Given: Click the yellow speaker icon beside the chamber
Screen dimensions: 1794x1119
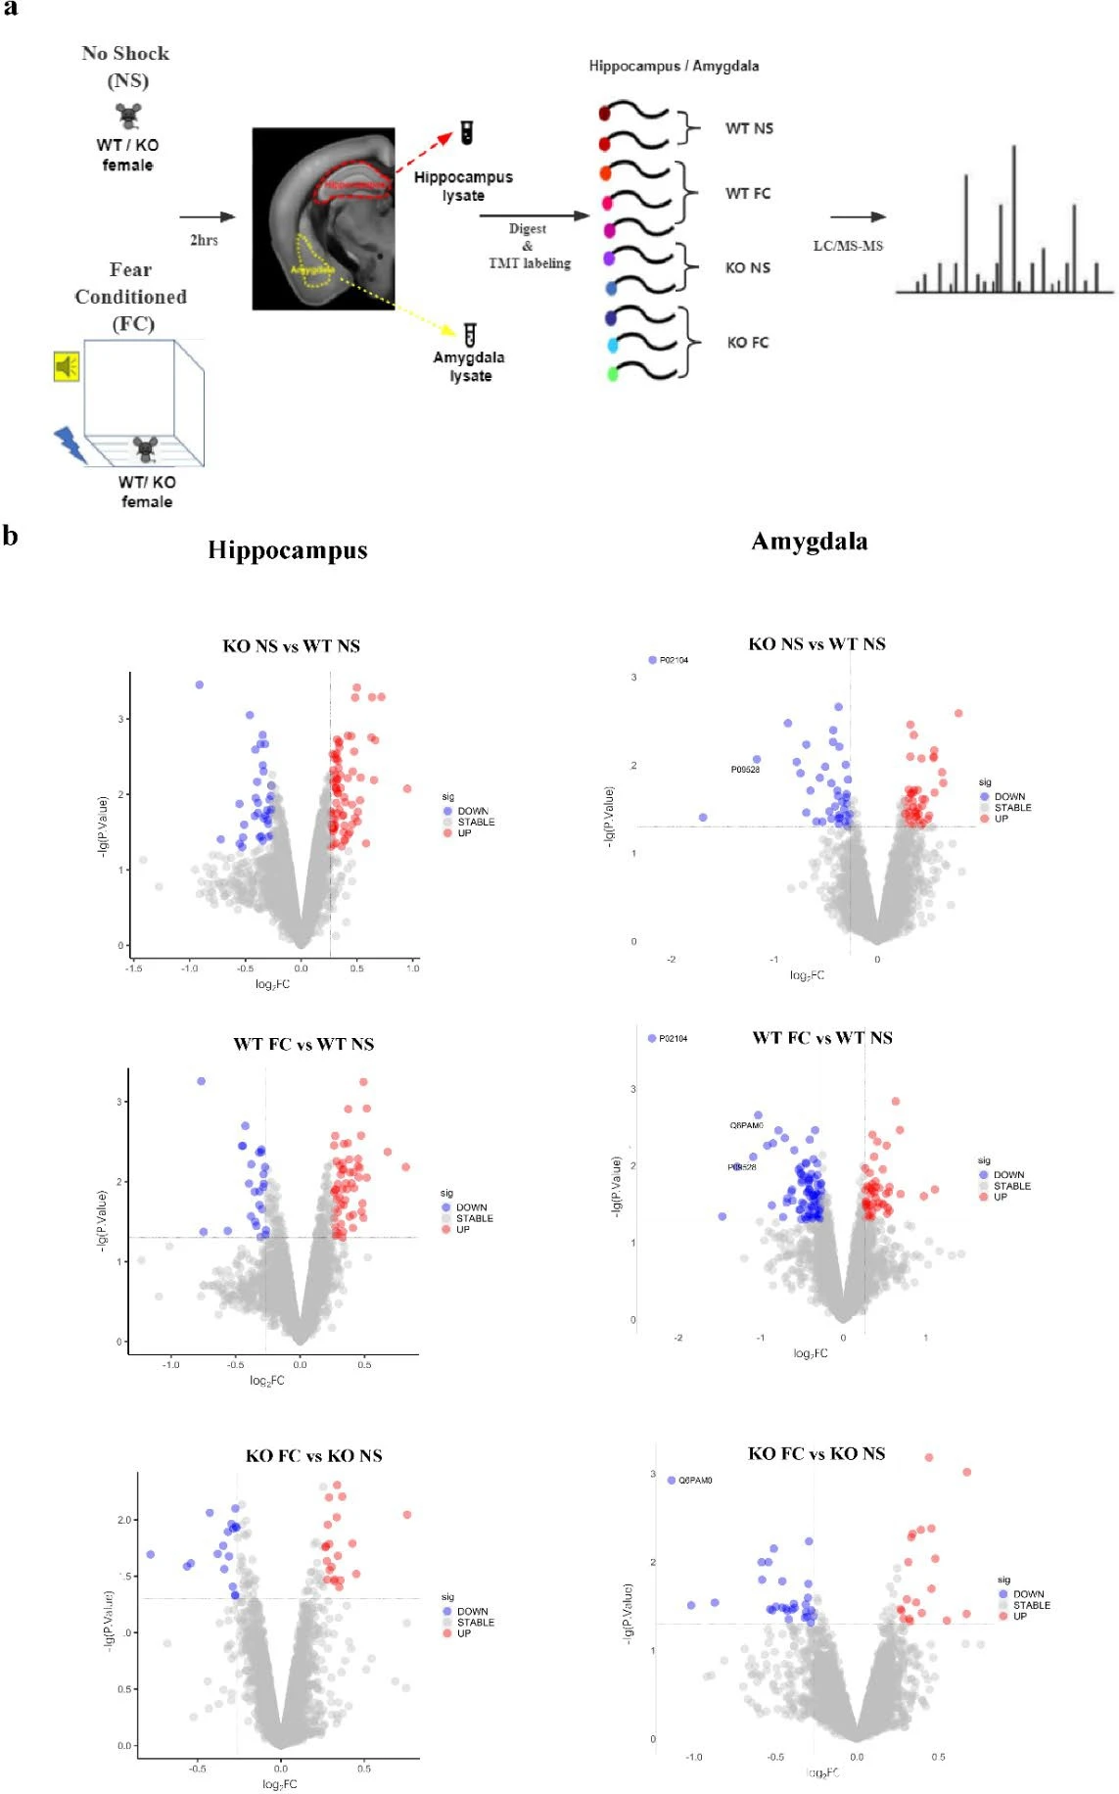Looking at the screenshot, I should [67, 367].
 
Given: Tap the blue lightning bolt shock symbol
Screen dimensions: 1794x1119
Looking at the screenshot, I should [70, 444].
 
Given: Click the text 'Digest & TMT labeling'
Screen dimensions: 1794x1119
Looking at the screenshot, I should [529, 245].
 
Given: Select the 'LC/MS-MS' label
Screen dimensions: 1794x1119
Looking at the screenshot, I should [848, 246].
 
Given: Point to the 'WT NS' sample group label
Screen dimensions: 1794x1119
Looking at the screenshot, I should [749, 128].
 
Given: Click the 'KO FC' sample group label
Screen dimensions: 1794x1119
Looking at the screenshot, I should [748, 343].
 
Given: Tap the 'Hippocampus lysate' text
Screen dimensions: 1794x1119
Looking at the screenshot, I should [463, 186].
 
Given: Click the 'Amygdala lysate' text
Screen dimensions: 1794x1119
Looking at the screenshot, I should [469, 366].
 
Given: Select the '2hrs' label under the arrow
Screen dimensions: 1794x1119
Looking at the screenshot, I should [204, 240].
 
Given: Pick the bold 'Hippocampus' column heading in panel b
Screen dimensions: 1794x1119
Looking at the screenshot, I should [288, 550].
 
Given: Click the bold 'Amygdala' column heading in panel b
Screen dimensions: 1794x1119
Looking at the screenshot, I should [810, 542].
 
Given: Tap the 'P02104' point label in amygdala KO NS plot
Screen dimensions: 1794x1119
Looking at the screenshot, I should [674, 660].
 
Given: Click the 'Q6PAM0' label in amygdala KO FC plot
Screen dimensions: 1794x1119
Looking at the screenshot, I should [695, 1480].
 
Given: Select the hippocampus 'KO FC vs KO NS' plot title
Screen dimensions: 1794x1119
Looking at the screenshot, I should [313, 1455].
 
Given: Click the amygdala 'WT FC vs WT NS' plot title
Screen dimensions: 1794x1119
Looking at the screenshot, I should [822, 1038].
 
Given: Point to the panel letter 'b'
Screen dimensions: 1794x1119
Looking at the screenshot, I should [10, 536].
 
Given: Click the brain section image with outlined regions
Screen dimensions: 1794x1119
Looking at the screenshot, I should [323, 218].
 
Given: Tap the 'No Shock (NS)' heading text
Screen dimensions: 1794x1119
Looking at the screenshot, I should [126, 67].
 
